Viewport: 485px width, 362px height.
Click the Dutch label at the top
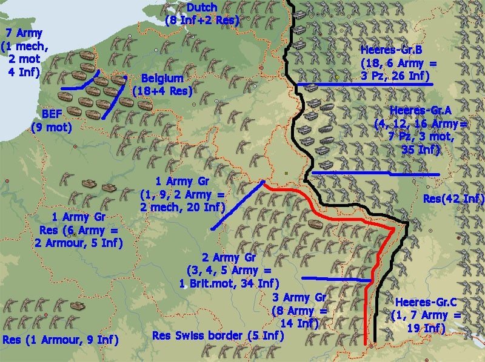202,8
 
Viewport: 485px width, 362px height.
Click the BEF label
53,114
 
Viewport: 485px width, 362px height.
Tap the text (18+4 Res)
162,91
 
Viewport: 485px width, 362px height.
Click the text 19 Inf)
428,328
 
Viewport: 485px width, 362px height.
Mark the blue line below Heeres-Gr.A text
376,174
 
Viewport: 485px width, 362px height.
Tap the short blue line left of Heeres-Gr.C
336,279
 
